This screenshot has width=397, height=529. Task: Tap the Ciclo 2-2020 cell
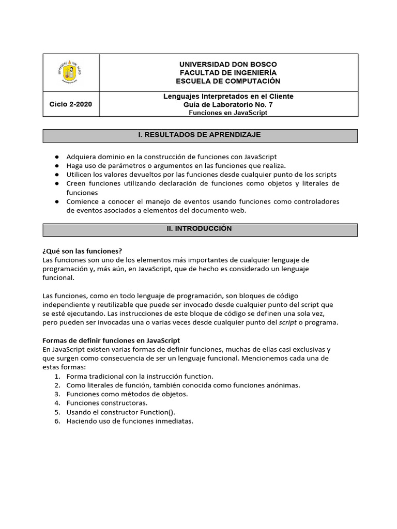[70, 104]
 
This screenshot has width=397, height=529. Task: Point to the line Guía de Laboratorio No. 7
[227, 104]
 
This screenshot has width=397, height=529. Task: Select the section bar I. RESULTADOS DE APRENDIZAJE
[200, 135]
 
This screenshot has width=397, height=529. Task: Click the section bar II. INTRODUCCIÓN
[200, 229]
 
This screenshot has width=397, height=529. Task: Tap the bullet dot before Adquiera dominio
[56, 157]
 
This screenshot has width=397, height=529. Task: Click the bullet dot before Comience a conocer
[56, 201]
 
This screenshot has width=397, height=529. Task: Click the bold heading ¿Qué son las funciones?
[82, 251]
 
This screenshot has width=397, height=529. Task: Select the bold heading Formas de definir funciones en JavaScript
[111, 340]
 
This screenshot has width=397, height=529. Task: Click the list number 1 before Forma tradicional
[56, 376]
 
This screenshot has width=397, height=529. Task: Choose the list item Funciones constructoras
[107, 403]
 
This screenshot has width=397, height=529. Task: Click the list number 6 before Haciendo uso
[56, 421]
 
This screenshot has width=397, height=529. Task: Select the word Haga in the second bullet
[75, 165]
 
